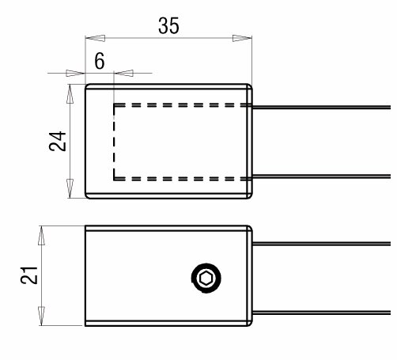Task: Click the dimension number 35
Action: [168, 25]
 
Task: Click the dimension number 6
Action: [100, 61]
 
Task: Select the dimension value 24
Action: [58, 141]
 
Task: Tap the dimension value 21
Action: [29, 275]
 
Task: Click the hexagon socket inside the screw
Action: [206, 279]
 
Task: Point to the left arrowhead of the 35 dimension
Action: [96, 38]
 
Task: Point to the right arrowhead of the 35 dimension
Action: [242, 38]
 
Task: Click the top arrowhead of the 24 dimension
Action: [70, 93]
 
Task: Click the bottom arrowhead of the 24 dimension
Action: [70, 188]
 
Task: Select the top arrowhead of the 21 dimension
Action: [41, 236]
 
